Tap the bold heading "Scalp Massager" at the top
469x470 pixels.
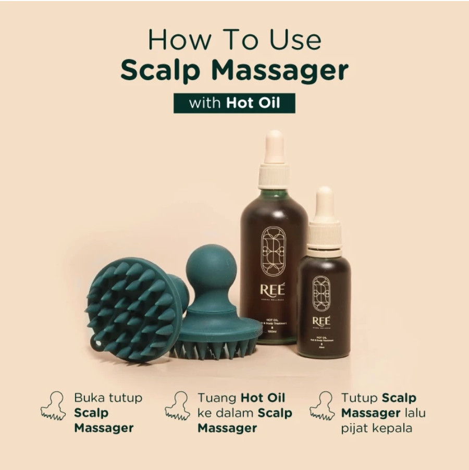[234, 71]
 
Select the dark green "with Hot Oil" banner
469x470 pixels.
[234, 102]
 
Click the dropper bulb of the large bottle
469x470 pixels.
[274, 146]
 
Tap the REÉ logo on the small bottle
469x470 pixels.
[322, 320]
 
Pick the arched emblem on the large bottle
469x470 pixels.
[274, 251]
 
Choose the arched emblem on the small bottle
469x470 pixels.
[322, 293]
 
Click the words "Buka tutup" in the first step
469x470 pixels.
[108, 398]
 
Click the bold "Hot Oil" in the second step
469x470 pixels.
[263, 398]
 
